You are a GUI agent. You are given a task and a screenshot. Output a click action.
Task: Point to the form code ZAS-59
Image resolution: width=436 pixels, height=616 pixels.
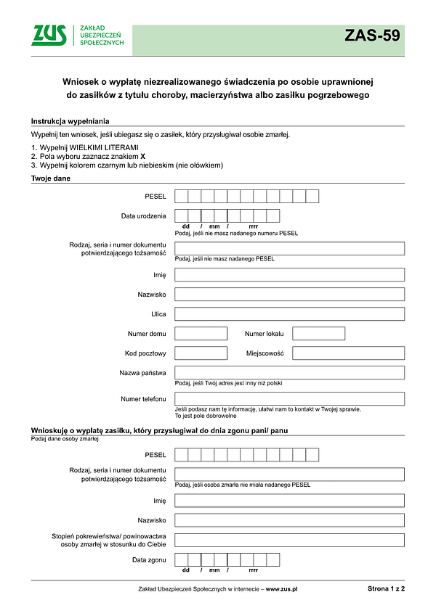[372, 36]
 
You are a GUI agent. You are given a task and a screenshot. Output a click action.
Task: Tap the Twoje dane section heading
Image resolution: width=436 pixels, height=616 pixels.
[50, 178]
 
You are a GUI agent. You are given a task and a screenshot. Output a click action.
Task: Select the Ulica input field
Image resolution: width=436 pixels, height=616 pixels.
[289, 314]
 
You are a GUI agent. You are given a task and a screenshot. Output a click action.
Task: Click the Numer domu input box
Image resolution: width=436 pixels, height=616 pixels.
[201, 334]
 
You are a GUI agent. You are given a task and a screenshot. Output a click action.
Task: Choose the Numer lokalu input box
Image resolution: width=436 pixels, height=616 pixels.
[318, 334]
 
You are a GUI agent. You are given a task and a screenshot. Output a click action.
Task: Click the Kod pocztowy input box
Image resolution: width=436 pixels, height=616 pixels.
[201, 353]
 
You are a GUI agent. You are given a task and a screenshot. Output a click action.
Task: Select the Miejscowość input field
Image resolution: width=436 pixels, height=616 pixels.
[348, 353]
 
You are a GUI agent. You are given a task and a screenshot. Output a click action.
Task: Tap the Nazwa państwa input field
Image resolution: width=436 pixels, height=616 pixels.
[289, 373]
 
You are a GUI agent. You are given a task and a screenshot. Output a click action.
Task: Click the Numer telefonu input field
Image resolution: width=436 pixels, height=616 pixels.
[289, 398]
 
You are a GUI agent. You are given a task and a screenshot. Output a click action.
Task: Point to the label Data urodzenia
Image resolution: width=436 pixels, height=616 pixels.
[143, 216]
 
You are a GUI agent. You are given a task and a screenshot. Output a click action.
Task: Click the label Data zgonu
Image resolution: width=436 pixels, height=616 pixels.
[149, 560]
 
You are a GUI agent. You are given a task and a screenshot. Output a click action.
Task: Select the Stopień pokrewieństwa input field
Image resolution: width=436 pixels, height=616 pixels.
[289, 540]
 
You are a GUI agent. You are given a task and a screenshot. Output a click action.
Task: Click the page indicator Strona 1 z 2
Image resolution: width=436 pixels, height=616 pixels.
[386, 589]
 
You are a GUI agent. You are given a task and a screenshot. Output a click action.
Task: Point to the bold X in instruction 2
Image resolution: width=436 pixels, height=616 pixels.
[143, 156]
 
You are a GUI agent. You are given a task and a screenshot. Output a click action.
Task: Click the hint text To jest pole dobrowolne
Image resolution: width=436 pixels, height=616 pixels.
[206, 416]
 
